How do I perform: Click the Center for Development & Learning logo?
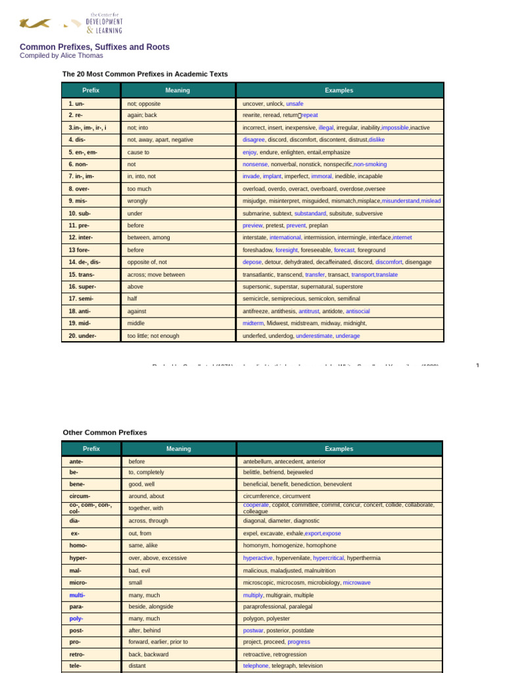(x=71, y=23)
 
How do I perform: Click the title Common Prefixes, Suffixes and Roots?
(x=95, y=47)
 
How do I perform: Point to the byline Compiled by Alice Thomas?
(x=61, y=56)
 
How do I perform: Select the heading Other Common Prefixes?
(x=105, y=432)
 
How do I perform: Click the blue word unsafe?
(x=295, y=104)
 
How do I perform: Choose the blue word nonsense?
(x=255, y=164)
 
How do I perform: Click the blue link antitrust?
(x=309, y=311)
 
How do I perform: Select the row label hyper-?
(x=78, y=558)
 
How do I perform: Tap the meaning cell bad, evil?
(x=141, y=570)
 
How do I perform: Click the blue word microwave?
(x=356, y=582)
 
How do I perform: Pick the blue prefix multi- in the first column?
(x=77, y=595)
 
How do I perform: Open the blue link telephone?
(x=256, y=666)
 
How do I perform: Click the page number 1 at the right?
(x=477, y=365)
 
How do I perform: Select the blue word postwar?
(x=253, y=630)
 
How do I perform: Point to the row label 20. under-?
(x=82, y=336)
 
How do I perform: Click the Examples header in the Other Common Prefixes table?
(x=339, y=449)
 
